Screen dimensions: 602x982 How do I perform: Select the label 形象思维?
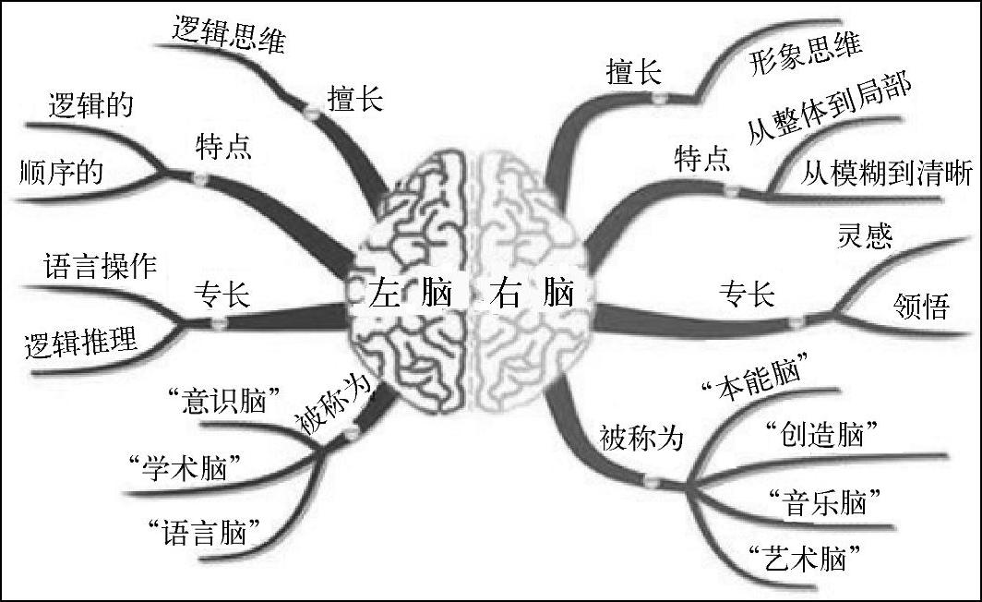coord(804,54)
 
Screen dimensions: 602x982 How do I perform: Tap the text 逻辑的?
coord(90,104)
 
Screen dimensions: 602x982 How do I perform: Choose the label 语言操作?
coord(100,268)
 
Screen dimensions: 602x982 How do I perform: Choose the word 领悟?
coord(920,307)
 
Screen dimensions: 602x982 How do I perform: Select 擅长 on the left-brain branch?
coord(354,98)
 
